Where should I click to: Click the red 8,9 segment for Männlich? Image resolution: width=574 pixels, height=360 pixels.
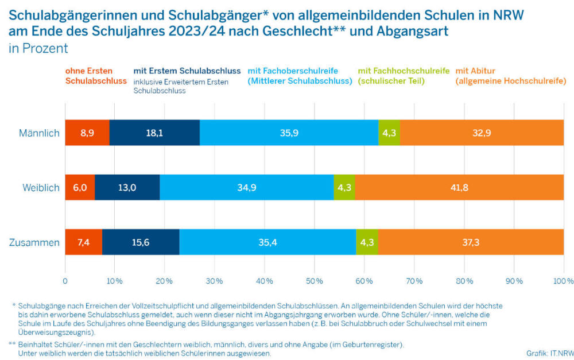coord(87,133)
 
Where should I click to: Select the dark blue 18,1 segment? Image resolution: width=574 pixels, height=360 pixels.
coord(154,133)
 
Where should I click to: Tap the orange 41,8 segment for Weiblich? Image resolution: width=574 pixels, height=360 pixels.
coord(459,187)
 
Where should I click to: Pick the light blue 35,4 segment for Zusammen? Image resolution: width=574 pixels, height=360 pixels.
coord(267,242)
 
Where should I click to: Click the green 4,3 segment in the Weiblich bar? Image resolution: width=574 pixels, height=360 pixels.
coord(344,187)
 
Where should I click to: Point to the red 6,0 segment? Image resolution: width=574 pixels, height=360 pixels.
coord(80,187)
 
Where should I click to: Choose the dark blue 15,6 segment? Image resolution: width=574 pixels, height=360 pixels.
coord(141,242)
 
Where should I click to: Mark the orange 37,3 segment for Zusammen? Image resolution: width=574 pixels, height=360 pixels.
coord(471,242)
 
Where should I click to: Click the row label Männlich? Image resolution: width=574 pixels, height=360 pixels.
coord(39,133)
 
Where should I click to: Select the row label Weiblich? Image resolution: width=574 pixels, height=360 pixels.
coord(41,188)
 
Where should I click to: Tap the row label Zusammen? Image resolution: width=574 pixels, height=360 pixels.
coord(34,242)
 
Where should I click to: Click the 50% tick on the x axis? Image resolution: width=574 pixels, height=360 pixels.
coord(314,281)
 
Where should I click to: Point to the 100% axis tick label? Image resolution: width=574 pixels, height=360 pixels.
coord(564,281)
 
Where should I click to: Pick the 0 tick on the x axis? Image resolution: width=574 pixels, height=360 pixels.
coord(65,281)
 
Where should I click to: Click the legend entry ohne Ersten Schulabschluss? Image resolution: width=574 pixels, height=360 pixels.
coord(96,76)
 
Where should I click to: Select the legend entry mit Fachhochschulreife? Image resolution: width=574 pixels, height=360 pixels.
coord(404,76)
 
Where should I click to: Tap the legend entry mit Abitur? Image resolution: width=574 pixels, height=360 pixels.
coord(511,76)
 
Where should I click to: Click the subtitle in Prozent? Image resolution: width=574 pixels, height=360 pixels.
coord(38,48)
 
